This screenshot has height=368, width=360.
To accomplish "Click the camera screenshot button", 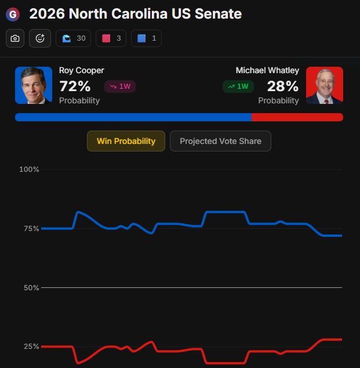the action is pyautogui.click(x=15, y=38).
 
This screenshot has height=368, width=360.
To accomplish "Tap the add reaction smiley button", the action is pyautogui.click(x=40, y=38).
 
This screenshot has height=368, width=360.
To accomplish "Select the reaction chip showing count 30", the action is pyautogui.click(x=74, y=38).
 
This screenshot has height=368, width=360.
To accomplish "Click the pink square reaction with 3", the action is pyautogui.click(x=111, y=38).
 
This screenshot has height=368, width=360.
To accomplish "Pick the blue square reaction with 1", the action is pyautogui.click(x=146, y=38).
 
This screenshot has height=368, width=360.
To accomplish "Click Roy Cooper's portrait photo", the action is pyautogui.click(x=34, y=85).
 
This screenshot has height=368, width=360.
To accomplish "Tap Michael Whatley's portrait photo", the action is pyautogui.click(x=325, y=85).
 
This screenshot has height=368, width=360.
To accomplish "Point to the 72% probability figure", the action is pyautogui.click(x=75, y=86).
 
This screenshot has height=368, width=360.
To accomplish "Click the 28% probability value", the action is pyautogui.click(x=283, y=86).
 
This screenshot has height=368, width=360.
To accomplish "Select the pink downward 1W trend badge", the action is pyautogui.click(x=120, y=86).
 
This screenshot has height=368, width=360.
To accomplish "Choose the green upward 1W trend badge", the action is pyautogui.click(x=238, y=86).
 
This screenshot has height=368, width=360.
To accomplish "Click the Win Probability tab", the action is pyautogui.click(x=126, y=141).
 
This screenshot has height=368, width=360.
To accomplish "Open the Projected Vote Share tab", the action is pyautogui.click(x=220, y=141).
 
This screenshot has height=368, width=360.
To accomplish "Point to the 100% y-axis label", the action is pyautogui.click(x=29, y=169).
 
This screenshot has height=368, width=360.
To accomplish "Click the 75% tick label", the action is pyautogui.click(x=31, y=229).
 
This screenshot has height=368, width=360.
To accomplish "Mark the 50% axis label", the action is pyautogui.click(x=31, y=288).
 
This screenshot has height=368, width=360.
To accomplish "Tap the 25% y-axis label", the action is pyautogui.click(x=31, y=347).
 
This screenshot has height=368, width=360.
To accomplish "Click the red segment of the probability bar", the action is pyautogui.click(x=297, y=117).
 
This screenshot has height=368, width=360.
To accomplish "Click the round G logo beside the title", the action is pyautogui.click(x=13, y=15).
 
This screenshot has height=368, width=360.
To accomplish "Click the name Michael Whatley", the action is pyautogui.click(x=267, y=70).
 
